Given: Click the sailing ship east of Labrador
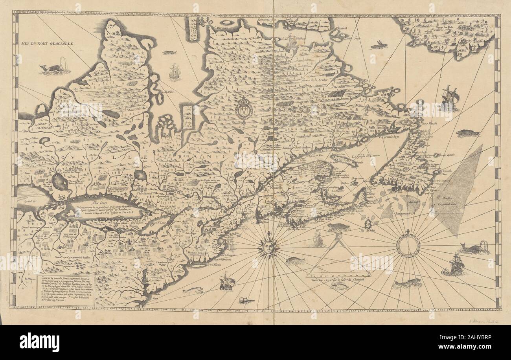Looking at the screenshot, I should tap(450, 98).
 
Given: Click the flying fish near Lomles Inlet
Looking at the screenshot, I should tap(380, 44).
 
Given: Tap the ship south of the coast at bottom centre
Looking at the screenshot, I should tap(227, 281).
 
